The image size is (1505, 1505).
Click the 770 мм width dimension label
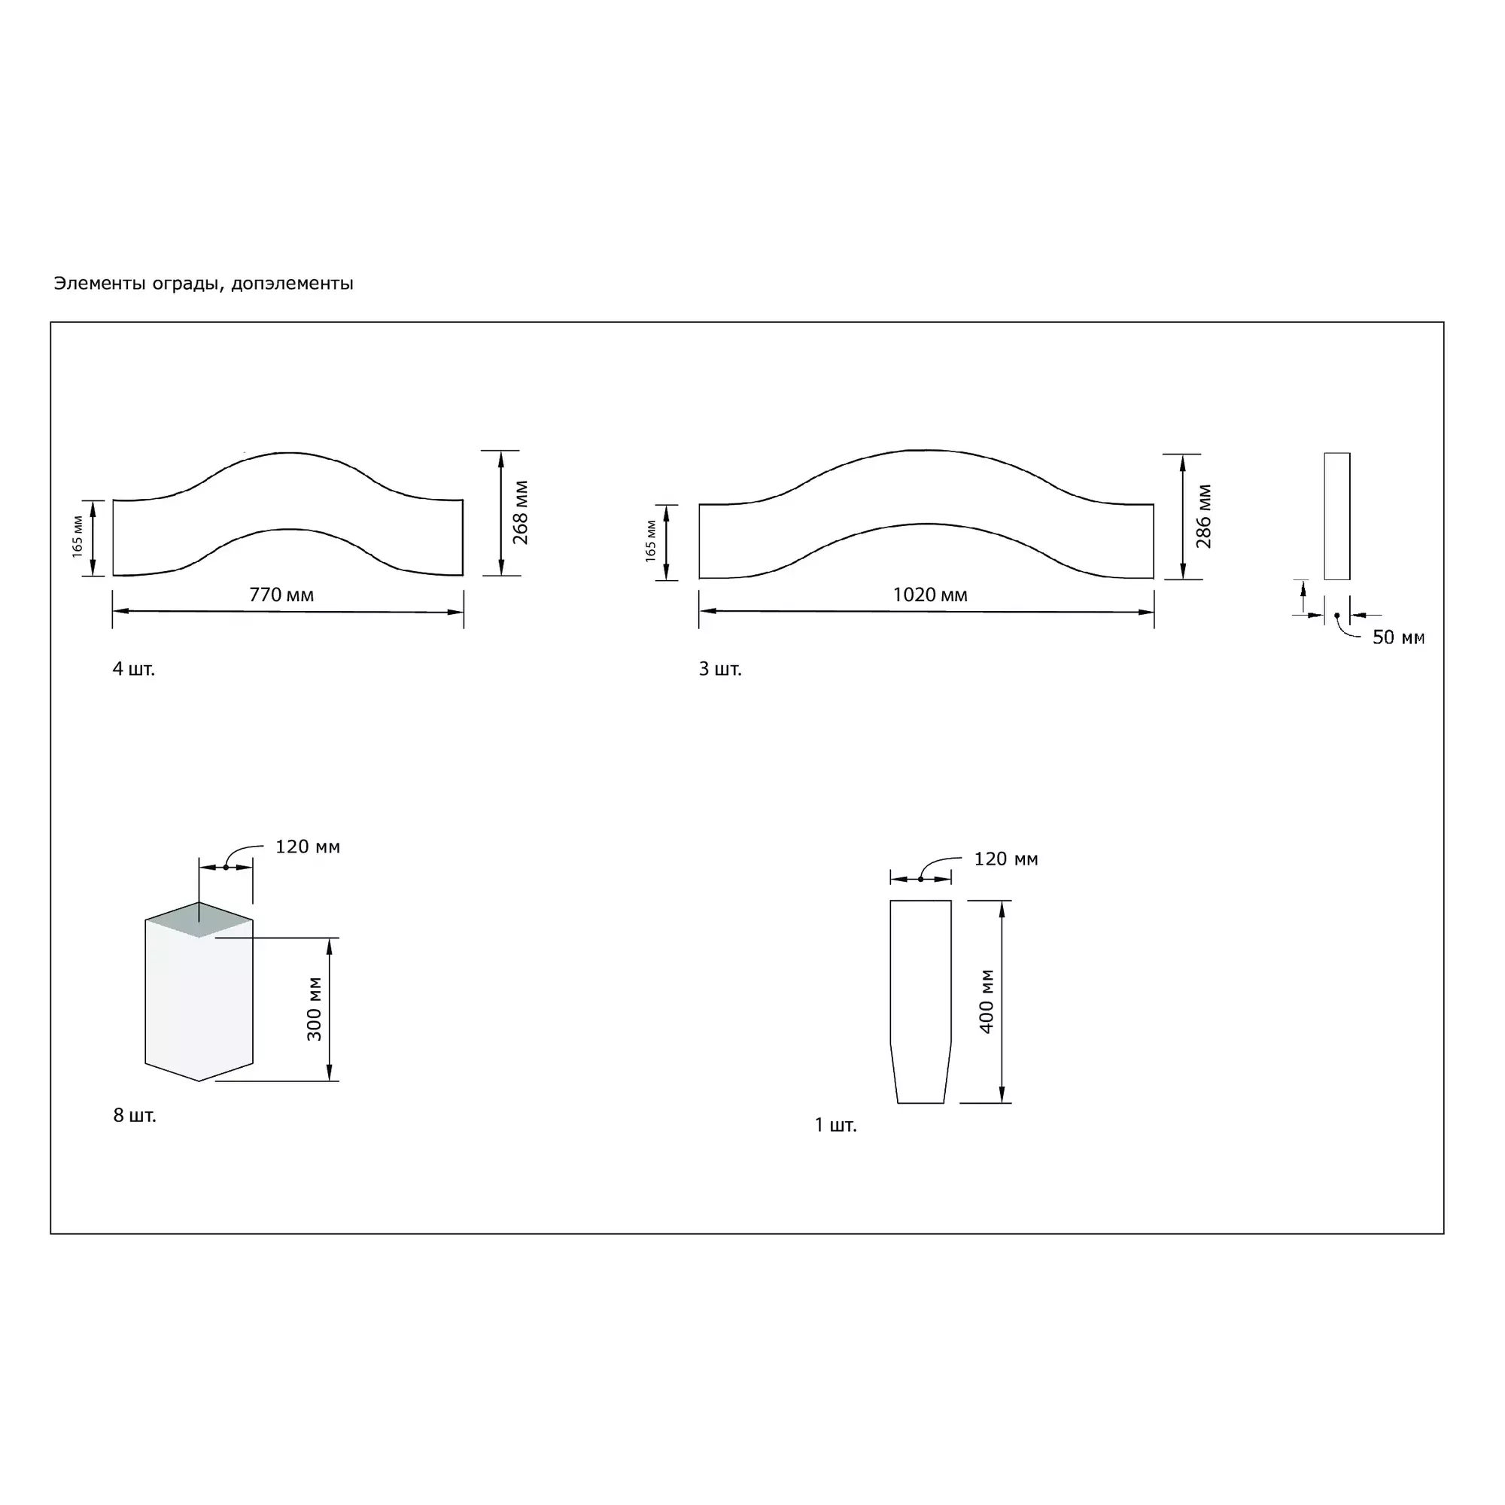pyautogui.click(x=281, y=595)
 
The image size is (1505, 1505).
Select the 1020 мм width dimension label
pyautogui.click(x=930, y=595)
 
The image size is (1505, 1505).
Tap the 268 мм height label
pyautogui.click(x=521, y=512)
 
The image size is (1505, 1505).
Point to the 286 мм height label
pyautogui.click(x=1203, y=516)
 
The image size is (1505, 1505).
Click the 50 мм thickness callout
pyautogui.click(x=1398, y=637)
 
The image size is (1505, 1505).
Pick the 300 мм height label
pyautogui.click(x=314, y=1009)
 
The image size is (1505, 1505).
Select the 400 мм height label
pyautogui.click(x=987, y=1002)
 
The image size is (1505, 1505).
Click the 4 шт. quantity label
pyautogui.click(x=134, y=668)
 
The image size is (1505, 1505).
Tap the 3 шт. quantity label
pyautogui.click(x=720, y=668)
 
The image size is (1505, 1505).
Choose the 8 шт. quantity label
pyautogui.click(x=135, y=1115)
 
